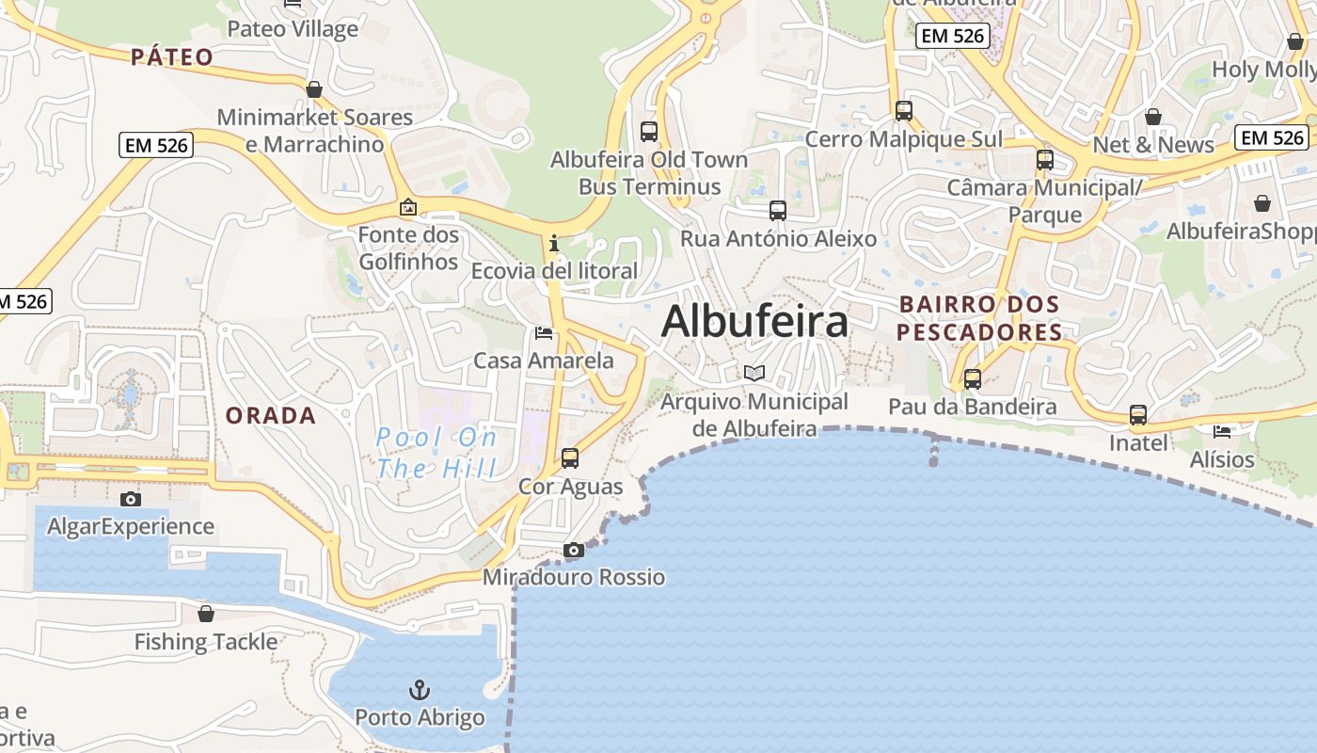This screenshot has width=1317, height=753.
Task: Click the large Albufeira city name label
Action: (754, 322)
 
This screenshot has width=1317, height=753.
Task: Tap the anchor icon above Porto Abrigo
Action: (420, 690)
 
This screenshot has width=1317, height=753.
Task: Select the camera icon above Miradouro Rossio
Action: (574, 550)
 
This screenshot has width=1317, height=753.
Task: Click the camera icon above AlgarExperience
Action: (131, 499)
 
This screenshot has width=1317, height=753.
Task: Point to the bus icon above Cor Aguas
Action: (570, 458)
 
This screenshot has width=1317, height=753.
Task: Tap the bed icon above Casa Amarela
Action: (544, 332)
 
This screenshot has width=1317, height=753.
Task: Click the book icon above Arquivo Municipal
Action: (754, 373)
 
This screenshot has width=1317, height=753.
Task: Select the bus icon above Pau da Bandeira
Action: (973, 379)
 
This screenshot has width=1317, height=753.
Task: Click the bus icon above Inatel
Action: (1138, 415)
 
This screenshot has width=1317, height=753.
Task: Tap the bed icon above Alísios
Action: (1222, 432)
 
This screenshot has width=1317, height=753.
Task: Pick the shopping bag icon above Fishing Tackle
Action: (206, 614)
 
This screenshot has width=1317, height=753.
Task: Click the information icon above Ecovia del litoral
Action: (554, 244)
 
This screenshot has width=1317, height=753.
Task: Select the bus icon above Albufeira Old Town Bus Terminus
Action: (649, 131)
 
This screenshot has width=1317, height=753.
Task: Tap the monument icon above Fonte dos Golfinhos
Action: (408, 207)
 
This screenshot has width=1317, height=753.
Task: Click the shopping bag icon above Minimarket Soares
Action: (314, 89)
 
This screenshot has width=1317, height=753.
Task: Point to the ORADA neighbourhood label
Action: (270, 415)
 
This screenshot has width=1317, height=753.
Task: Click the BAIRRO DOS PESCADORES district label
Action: (978, 318)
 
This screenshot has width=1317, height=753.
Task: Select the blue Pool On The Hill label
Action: (436, 452)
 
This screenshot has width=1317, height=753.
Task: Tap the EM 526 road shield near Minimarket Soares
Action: (157, 145)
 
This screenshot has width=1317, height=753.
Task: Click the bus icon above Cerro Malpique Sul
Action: (904, 111)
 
